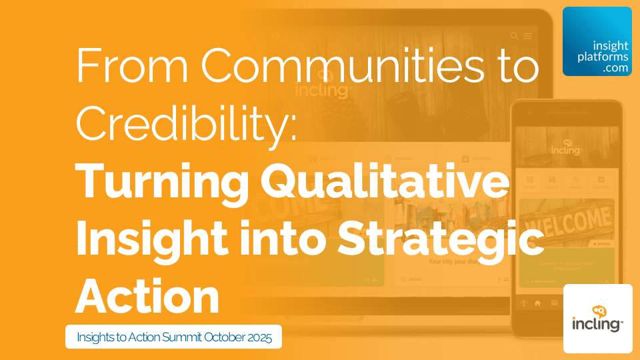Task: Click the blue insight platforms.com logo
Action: [597, 41]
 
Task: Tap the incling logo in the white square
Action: [597, 318]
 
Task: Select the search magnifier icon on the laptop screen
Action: [514, 36]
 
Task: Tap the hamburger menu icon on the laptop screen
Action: [527, 36]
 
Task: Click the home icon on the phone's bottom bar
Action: [537, 303]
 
